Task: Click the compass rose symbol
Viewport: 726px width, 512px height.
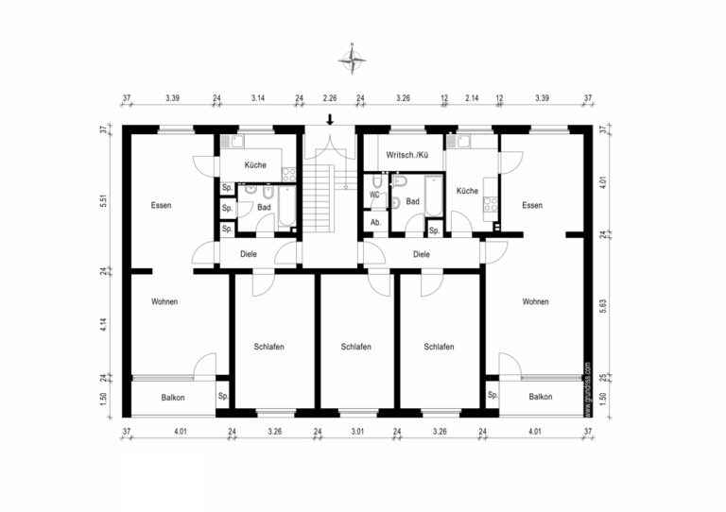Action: pos(353,61)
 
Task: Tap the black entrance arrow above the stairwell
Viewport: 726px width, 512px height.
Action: pos(330,119)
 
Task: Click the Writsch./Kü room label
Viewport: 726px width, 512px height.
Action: pos(407,155)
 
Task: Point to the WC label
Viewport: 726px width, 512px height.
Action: pos(374,196)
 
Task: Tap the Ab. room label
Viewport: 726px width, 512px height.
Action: pos(375,222)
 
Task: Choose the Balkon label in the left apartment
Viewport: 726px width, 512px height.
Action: pos(173,398)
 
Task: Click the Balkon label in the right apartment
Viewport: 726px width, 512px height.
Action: pos(541,397)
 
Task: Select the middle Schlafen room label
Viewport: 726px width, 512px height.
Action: pos(356,347)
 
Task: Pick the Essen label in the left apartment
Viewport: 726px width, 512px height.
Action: pos(161,205)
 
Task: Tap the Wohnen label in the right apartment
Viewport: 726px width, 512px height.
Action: pos(535,301)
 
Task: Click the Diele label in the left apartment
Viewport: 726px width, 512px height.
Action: pos(249,253)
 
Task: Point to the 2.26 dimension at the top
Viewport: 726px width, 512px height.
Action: pos(330,97)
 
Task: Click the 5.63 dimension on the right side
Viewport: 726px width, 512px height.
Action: pos(602,306)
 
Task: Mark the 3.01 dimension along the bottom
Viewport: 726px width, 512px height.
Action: pos(357,432)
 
